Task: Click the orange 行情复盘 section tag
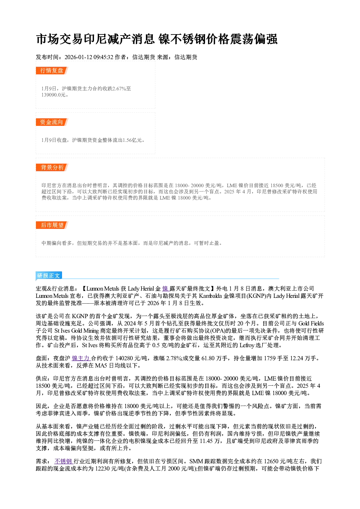tap(52, 70)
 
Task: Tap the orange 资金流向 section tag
tap(52, 122)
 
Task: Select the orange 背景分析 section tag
tap(52, 167)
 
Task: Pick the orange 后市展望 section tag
tap(52, 225)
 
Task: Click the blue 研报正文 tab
tap(49, 275)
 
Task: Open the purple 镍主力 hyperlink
tap(81, 358)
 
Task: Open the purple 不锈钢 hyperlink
tap(64, 461)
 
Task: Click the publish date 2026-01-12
tap(78, 57)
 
